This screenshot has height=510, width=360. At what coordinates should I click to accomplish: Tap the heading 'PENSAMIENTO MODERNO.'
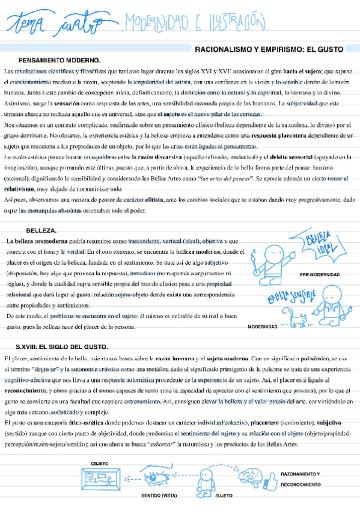click(59, 60)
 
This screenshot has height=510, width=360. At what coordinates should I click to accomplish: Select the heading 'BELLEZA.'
click(41, 230)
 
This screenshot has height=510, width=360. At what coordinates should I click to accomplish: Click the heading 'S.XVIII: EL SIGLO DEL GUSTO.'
click(62, 347)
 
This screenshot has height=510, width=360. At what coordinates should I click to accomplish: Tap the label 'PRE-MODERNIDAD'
click(319, 275)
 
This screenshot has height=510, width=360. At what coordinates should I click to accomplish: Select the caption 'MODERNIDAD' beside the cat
click(262, 327)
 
